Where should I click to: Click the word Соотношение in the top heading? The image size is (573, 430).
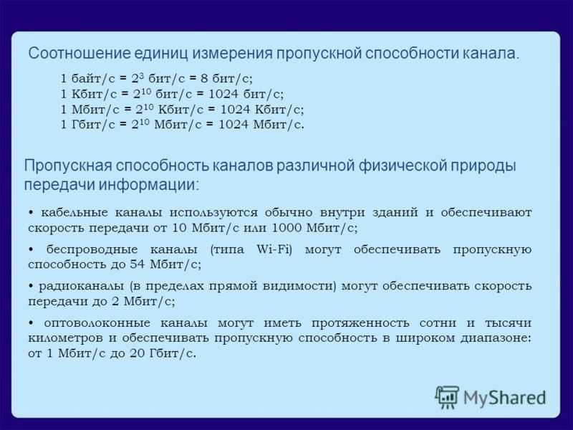(80, 53)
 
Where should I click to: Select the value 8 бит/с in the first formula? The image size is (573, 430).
(226, 78)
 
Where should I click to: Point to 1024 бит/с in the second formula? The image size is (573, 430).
(246, 94)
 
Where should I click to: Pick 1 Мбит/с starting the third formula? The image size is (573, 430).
(90, 110)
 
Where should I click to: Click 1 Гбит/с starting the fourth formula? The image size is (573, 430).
(87, 125)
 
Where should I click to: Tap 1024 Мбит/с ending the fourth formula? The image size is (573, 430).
(261, 125)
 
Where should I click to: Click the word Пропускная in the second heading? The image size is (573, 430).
(68, 166)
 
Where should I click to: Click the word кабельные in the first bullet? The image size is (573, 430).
(74, 212)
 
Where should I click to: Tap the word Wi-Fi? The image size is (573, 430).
(274, 249)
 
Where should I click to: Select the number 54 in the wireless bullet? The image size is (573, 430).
(138, 264)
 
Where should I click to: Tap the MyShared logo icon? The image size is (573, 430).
(446, 397)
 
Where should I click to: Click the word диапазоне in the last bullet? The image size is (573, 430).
(496, 338)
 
